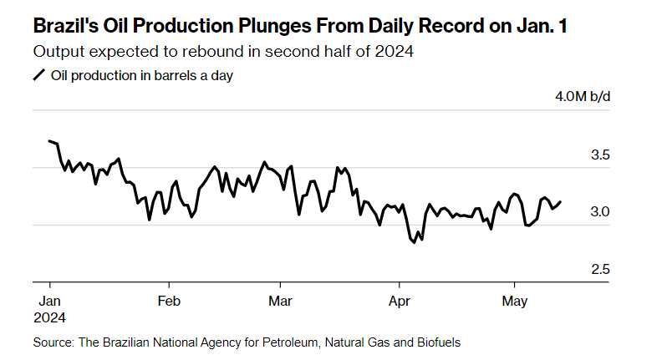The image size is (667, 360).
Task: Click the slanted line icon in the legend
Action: tap(38, 75)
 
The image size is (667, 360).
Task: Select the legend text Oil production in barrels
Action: tap(125, 75)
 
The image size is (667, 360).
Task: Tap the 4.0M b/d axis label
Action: tap(583, 97)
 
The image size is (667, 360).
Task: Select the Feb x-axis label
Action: tap(169, 301)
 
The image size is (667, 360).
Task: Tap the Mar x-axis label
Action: tap(281, 301)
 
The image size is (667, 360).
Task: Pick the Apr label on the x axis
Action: tap(399, 301)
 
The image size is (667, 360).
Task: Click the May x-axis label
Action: tap(514, 301)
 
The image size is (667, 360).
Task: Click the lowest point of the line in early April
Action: tap(414, 242)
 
